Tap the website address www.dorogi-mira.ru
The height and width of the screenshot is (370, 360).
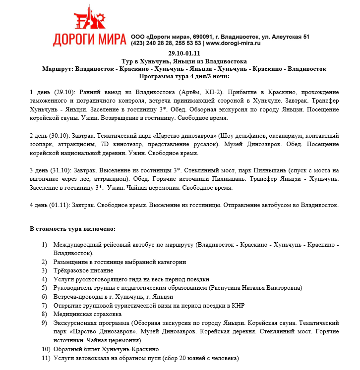(x=233, y=44)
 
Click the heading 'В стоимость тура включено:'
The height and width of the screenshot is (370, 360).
(x=72, y=229)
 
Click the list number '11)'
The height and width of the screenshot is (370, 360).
(x=46, y=358)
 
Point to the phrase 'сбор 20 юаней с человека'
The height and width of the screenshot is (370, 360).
(x=196, y=358)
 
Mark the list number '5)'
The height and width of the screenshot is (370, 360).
(x=45, y=288)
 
